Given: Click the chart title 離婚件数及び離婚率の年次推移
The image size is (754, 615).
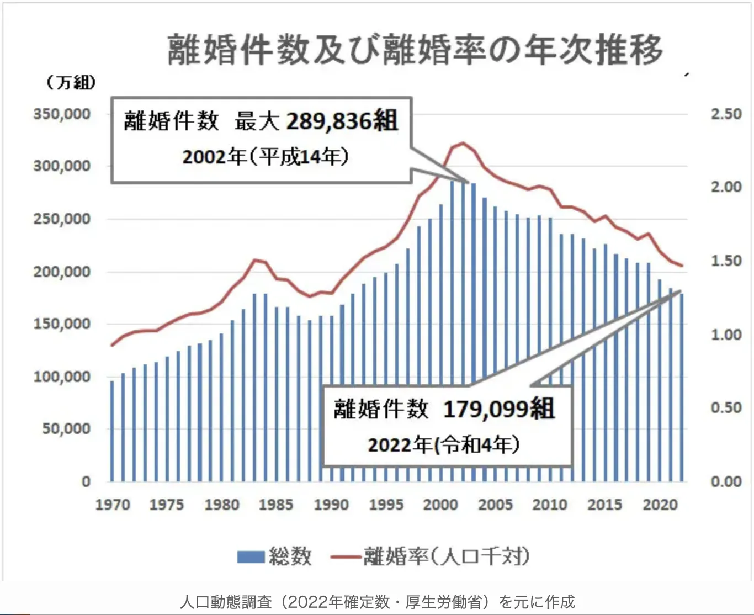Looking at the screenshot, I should tap(415, 49).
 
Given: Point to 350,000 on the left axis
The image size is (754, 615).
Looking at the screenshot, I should tap(62, 114).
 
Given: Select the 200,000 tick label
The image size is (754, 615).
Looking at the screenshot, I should tap(62, 272).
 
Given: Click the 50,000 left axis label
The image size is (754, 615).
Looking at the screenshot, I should tap(66, 429).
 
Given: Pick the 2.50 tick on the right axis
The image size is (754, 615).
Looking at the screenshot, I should tap(726, 114).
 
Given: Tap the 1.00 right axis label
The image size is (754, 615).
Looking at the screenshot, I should tap(726, 335).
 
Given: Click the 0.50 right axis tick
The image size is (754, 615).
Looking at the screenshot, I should tap(726, 408).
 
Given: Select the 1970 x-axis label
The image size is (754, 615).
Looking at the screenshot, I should tap(113, 505).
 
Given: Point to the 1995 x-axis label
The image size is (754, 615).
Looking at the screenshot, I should tap(386, 505).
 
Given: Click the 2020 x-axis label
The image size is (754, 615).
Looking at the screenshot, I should tap(660, 505).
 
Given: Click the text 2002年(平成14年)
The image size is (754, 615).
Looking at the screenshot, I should tap(266, 157).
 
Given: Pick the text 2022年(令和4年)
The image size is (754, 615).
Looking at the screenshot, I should tap(444, 444).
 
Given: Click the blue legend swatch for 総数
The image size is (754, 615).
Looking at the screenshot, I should tap(251, 556).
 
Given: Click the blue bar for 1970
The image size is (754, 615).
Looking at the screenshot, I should tap(112, 431).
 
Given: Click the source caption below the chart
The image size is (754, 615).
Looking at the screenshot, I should tap(377, 601).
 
